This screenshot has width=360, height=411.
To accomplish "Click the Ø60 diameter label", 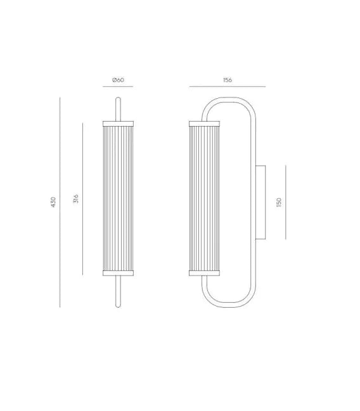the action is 118,80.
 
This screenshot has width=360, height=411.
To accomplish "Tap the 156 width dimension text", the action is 228,80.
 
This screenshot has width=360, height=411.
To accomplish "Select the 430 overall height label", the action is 53,202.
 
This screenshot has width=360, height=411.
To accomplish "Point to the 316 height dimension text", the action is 76,199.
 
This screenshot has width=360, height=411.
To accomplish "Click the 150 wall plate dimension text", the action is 279,203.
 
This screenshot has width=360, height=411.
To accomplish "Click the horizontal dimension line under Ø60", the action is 118,86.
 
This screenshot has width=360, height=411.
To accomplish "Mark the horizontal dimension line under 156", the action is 228,86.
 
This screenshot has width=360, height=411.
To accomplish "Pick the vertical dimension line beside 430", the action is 60,202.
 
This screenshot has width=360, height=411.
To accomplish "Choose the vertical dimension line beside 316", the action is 82,199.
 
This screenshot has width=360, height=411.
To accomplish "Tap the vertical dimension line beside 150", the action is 286,202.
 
